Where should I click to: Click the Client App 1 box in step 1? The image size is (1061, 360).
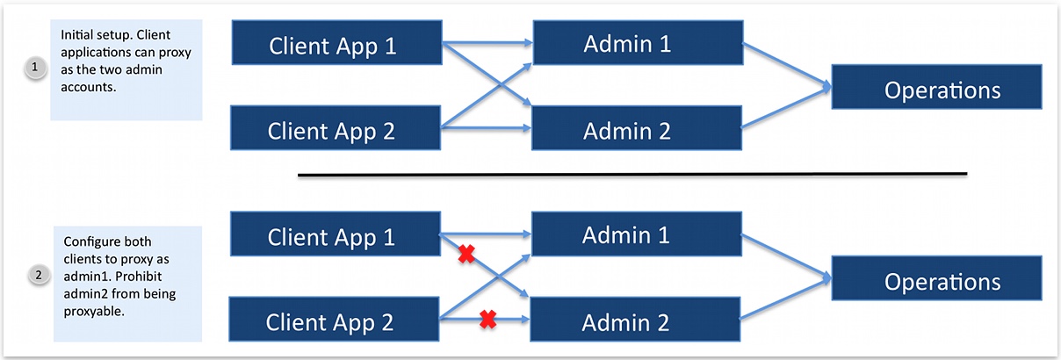click(x=335, y=45)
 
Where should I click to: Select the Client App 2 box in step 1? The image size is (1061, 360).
click(x=335, y=130)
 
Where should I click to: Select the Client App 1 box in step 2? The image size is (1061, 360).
click(x=335, y=235)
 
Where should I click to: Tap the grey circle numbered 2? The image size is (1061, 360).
click(x=38, y=276)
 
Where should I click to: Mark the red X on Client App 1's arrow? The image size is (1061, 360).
click(x=467, y=255)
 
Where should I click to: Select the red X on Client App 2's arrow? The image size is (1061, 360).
click(x=488, y=321)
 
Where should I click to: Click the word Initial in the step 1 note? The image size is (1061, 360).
click(x=77, y=34)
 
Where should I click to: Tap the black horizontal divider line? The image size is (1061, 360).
click(x=632, y=175)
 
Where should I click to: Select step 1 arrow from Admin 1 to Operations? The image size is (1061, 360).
click(x=786, y=64)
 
